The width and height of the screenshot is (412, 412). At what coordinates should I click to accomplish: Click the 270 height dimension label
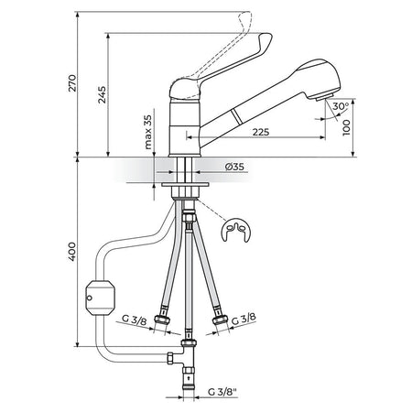click(x=72, y=83)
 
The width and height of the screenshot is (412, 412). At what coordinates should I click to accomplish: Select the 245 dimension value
click(x=103, y=94)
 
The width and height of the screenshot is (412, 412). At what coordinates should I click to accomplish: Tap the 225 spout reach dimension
click(x=261, y=132)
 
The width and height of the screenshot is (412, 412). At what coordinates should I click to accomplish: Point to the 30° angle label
click(x=341, y=106)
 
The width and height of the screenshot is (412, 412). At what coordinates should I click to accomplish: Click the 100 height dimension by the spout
click(x=347, y=127)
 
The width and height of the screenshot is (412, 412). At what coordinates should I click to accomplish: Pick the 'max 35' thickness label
click(x=147, y=132)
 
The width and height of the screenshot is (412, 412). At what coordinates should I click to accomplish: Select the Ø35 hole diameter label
click(x=234, y=167)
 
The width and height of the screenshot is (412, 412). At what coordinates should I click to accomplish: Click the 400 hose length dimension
click(x=72, y=252)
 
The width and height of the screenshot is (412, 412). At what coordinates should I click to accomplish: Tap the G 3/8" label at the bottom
click(x=222, y=392)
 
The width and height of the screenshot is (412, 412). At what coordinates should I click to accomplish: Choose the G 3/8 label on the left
click(x=135, y=320)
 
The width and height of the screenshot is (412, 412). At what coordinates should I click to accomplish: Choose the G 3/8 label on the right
click(x=244, y=320)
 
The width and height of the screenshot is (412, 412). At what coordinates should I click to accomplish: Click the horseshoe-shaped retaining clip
click(x=235, y=230)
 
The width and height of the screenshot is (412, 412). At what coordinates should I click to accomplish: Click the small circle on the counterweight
click(x=89, y=298)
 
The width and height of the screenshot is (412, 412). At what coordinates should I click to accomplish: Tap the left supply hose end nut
click(x=161, y=320)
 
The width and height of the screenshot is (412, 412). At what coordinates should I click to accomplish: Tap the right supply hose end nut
click(x=220, y=320)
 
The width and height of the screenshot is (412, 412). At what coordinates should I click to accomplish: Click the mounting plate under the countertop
click(x=185, y=184)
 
